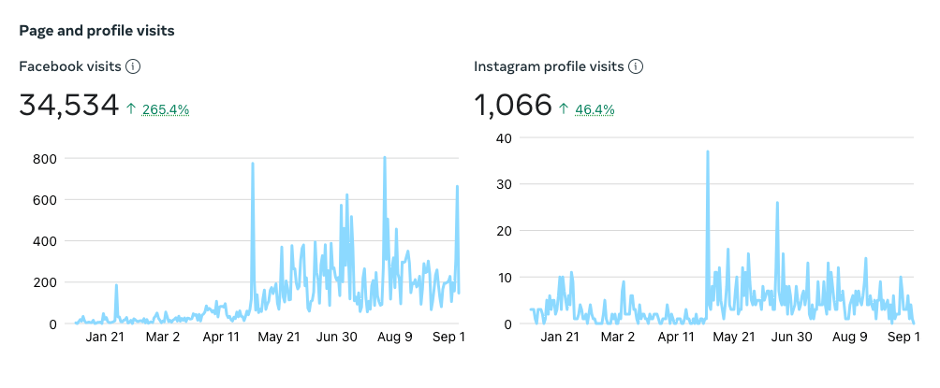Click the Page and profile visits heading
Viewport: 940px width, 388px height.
coord(96,31)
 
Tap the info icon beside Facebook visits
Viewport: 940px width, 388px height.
coord(133,66)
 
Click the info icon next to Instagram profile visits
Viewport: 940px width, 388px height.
coord(636,66)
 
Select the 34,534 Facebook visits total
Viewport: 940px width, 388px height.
coord(68,106)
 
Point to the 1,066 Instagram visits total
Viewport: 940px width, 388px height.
coord(513,106)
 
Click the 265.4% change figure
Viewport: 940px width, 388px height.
coord(166,109)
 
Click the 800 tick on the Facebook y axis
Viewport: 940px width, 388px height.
coord(45,159)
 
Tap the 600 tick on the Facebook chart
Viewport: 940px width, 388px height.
coord(45,200)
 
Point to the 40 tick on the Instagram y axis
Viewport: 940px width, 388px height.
coord(504,137)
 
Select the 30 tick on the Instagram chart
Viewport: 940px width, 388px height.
coord(504,184)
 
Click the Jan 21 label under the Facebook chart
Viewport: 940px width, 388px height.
coord(105,338)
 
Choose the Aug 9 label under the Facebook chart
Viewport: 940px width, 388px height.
coord(394,338)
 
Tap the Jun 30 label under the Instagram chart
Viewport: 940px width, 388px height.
coord(791,338)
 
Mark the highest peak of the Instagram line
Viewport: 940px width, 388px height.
coord(708,151)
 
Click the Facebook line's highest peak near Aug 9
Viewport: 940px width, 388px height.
coord(385,158)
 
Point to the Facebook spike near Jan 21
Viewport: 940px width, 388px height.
coord(116,285)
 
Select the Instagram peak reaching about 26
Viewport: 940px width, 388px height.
coord(777,203)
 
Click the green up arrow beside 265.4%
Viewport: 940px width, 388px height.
coord(132,109)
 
